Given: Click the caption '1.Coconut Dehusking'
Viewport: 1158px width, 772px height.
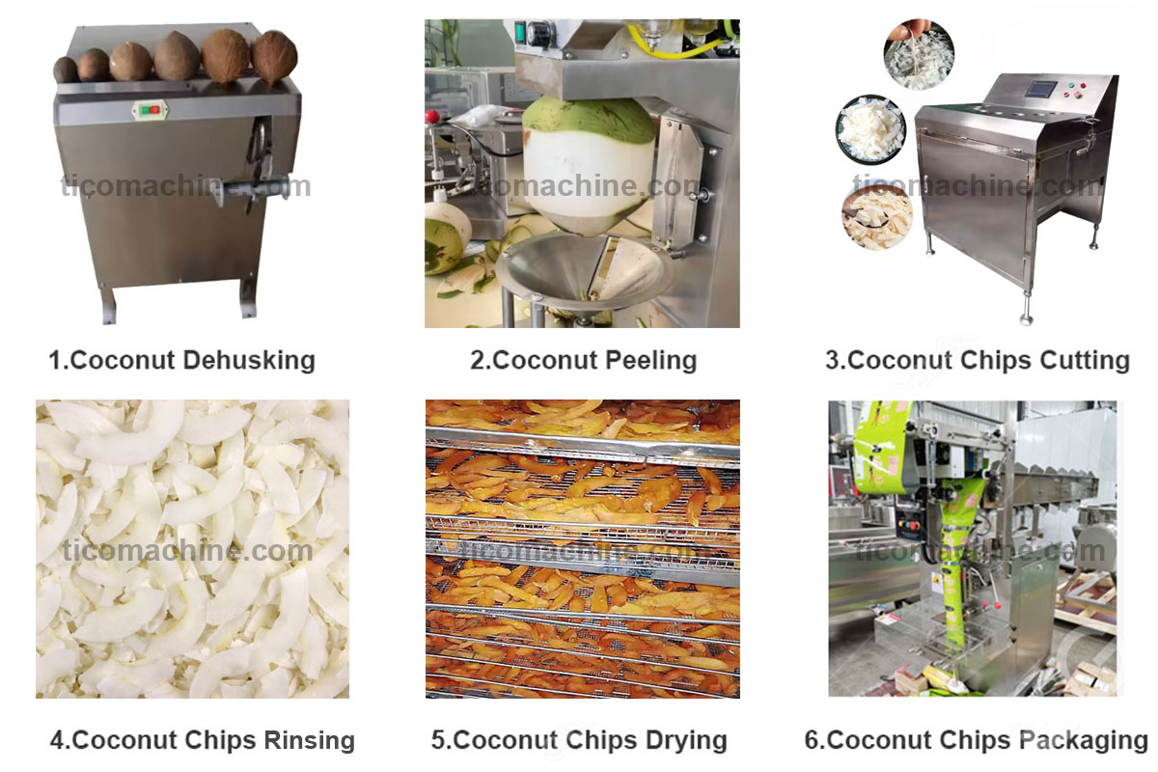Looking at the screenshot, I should click(181, 361).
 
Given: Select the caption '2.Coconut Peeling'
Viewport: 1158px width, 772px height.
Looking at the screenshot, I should click(583, 361).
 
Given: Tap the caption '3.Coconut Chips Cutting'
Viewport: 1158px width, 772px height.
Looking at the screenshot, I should click(977, 361).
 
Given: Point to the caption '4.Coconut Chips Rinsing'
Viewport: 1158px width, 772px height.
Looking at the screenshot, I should click(203, 741).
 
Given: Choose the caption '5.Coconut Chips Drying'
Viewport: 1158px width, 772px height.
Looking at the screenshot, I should click(579, 741).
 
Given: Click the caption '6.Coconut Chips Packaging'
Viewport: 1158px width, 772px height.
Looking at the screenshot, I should click(976, 741).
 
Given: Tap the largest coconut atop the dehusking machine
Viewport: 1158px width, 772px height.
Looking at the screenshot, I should click(226, 55).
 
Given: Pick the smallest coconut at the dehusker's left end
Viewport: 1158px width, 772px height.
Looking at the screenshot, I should click(66, 69).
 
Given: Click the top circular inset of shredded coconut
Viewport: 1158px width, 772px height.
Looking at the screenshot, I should click(919, 55).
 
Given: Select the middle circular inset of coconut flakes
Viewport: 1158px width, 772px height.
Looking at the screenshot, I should click(870, 130).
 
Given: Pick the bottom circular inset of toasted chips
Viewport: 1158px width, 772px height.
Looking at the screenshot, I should click(876, 215).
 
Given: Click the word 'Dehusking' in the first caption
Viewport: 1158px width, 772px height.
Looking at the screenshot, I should click(250, 361).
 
